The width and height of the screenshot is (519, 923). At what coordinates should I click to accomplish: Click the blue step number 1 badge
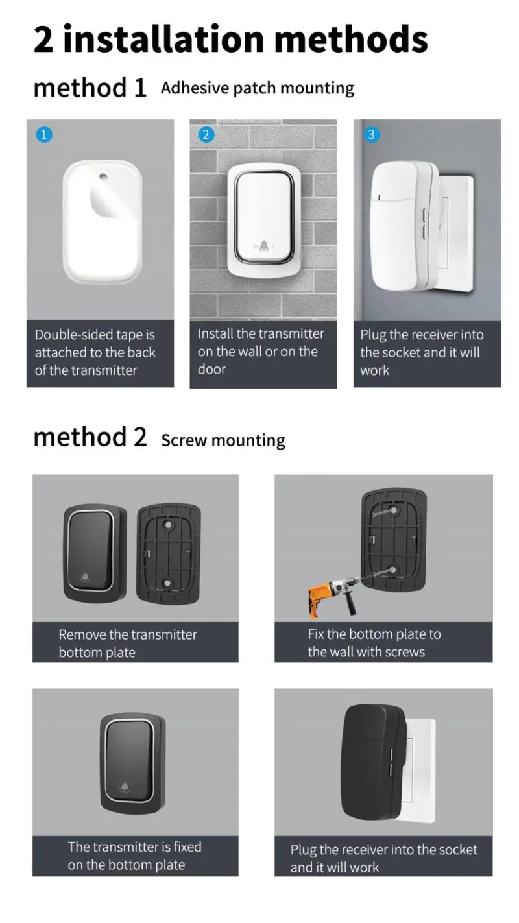(43, 135)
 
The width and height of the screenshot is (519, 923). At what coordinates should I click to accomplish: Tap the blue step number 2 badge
(206, 135)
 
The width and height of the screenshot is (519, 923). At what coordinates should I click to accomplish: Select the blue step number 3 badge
(371, 135)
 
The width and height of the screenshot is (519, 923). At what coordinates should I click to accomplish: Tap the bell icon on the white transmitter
(264, 246)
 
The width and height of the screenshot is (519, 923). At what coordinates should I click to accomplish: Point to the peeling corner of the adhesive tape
(104, 204)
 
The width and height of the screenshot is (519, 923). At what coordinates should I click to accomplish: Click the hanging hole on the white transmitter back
(103, 176)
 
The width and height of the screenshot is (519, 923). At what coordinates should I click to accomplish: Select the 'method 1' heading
(90, 88)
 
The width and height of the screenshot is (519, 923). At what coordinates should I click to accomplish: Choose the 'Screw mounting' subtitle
(223, 440)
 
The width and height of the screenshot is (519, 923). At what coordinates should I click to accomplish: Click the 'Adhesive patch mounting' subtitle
(258, 88)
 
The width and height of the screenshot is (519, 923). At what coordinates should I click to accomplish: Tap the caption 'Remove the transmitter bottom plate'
(128, 643)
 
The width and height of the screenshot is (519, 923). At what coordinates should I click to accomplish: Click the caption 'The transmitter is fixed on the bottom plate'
(134, 856)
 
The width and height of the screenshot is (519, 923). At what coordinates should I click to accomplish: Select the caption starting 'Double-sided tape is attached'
(95, 352)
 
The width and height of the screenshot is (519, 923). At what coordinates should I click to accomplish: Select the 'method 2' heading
(90, 437)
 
